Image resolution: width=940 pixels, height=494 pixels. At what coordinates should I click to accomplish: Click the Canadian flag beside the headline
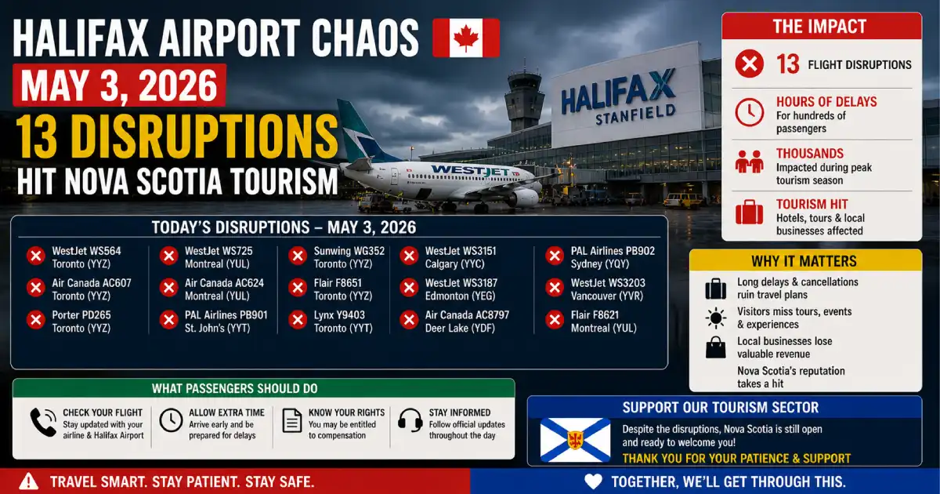[x=466, y=38]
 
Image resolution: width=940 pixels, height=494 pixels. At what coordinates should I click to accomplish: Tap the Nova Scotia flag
[x=575, y=440]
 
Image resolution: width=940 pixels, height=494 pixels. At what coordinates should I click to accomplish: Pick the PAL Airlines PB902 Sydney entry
[x=600, y=257]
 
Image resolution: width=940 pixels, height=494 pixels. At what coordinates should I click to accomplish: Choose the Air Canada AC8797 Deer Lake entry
[x=454, y=321]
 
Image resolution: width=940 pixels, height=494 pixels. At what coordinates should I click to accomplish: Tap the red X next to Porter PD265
[x=36, y=320]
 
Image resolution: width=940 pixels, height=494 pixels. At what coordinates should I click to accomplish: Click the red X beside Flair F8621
[x=555, y=320]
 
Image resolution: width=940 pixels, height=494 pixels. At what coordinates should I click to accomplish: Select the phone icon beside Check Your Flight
[x=43, y=422]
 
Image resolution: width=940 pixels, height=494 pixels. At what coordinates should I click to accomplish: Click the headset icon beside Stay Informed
[x=410, y=420]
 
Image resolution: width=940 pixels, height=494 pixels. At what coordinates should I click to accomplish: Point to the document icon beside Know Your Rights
[x=292, y=420]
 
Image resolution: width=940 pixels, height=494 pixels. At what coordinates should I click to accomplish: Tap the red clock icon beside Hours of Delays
[x=750, y=113]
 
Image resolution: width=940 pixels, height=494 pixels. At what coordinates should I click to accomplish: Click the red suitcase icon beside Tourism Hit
[x=750, y=212]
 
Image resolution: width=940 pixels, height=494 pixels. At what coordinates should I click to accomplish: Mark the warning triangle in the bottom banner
[x=28, y=481]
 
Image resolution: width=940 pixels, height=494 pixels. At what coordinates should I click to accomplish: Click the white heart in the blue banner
[x=594, y=481]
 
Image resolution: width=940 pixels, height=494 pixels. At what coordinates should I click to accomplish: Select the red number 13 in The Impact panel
[x=787, y=64]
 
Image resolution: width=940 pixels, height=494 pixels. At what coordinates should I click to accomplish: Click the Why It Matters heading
[x=804, y=261]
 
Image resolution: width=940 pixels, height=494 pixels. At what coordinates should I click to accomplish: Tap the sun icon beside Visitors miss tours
[x=716, y=318]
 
